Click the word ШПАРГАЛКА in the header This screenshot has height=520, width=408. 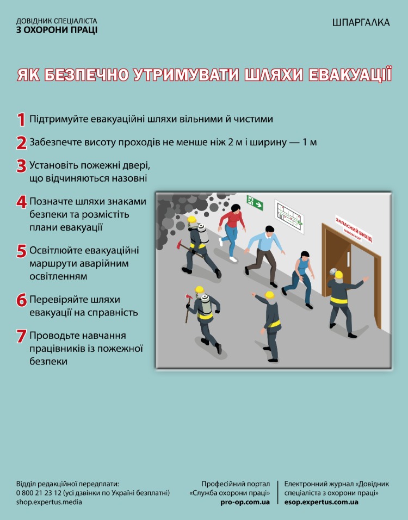click(361, 22)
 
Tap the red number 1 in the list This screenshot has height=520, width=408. click(21, 119)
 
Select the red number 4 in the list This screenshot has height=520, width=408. click(21, 202)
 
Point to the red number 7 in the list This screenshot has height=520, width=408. click(21, 336)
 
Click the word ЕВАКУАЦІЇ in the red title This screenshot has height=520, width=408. click(350, 75)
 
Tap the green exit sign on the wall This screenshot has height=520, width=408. click(255, 202)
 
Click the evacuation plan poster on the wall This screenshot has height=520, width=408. click(289, 216)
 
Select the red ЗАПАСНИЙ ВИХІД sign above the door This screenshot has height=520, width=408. click(354, 228)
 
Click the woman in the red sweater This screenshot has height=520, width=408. click(232, 232)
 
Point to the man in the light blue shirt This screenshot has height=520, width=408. click(265, 255)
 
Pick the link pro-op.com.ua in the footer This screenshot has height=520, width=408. click(245, 502)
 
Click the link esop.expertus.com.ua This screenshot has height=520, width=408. click(321, 502)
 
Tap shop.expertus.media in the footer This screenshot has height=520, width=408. click(49, 502)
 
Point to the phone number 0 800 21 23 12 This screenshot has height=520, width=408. click(39, 493)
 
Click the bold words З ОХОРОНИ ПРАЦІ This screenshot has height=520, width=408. click(57, 30)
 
